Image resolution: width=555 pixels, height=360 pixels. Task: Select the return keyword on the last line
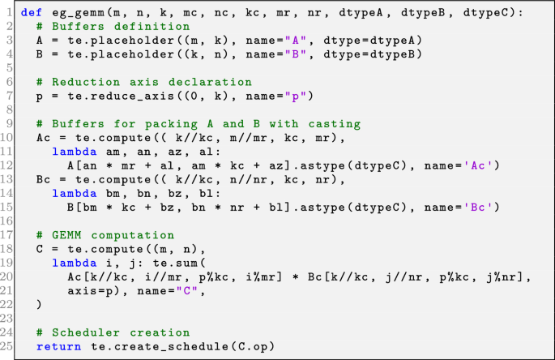pyautogui.click(x=58, y=346)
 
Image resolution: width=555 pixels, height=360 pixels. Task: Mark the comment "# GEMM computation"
pyautogui.click(x=95, y=235)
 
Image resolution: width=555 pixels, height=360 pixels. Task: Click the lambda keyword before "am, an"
pyautogui.click(x=74, y=152)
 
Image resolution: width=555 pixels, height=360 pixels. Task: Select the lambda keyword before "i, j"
pyautogui.click(x=74, y=263)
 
